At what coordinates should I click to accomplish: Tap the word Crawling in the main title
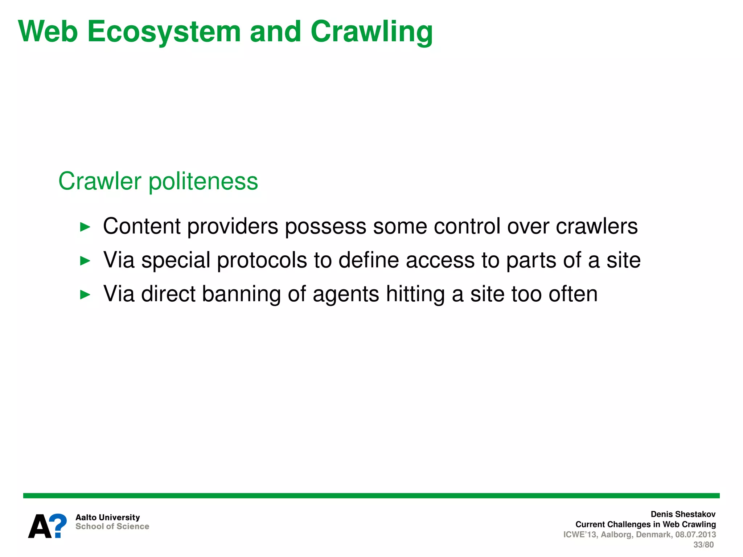click(x=371, y=32)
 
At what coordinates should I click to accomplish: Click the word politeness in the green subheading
click(x=203, y=181)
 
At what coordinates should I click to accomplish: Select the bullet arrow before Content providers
click(x=85, y=227)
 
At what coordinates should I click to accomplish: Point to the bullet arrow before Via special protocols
click(x=85, y=261)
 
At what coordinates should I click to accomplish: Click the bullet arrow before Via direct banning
click(x=85, y=294)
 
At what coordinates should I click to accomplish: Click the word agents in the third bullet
click(x=346, y=294)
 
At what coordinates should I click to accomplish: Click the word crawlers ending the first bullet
click(x=596, y=227)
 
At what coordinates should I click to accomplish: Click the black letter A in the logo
click(x=40, y=527)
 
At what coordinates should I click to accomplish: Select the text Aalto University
click(x=107, y=517)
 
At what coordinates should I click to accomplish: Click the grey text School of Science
click(x=112, y=527)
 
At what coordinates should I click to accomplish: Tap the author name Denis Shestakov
click(x=683, y=514)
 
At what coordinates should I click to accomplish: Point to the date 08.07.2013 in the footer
click(x=695, y=535)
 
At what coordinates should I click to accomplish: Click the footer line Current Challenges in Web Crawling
click(x=645, y=524)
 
